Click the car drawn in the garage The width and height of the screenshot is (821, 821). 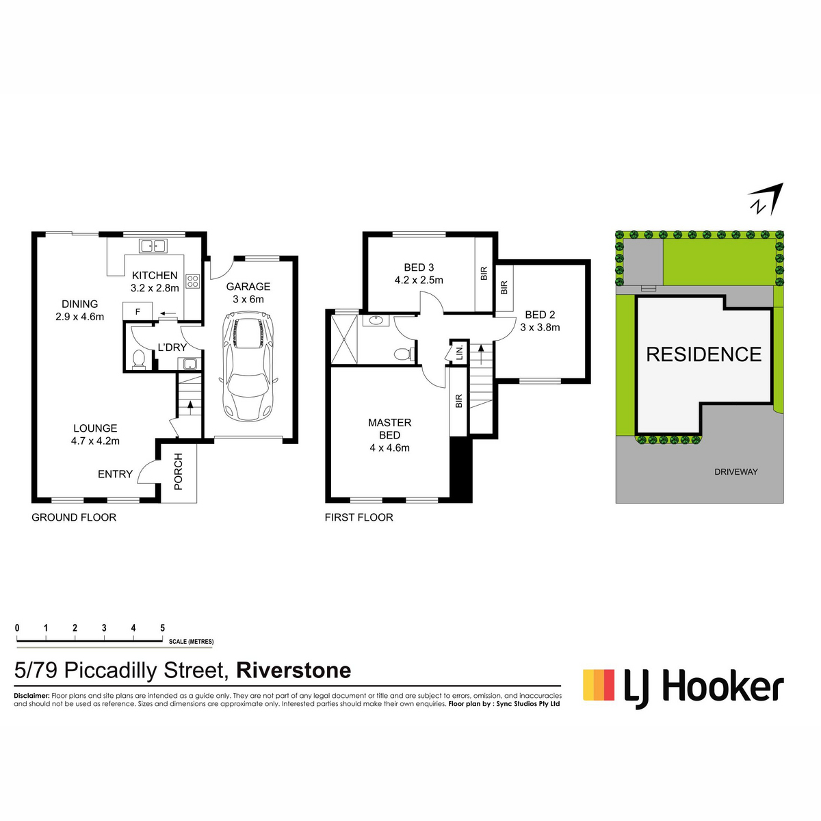coord(248,367)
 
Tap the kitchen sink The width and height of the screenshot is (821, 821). coord(153,246)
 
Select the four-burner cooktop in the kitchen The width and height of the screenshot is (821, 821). coord(192,281)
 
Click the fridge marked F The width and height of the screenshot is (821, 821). coord(138,311)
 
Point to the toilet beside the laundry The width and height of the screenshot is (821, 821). coord(139,360)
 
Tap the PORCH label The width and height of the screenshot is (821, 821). coord(178,471)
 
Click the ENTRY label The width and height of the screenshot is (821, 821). coord(115,473)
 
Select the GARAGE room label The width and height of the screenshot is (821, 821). coord(248,286)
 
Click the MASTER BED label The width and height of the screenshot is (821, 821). coord(389,428)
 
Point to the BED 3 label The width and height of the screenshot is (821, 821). coord(419,267)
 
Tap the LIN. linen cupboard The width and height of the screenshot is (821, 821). coord(459,352)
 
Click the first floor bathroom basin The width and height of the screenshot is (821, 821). coord(376,320)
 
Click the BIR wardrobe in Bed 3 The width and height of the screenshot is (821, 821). coord(484,273)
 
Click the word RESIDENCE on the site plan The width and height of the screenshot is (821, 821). coord(703,354)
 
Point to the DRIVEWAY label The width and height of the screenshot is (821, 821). coord(735,471)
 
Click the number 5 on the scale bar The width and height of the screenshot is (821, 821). coord(162,627)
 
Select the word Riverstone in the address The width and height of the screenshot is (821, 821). coord(294,670)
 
